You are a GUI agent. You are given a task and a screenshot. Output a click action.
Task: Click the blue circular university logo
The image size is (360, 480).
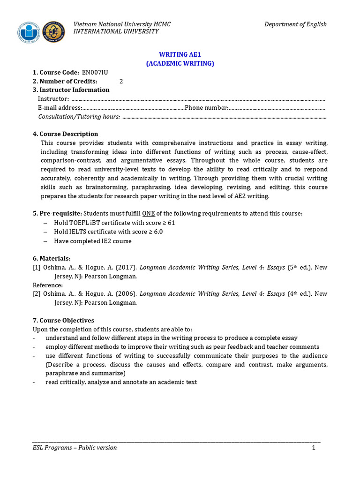click(30, 32)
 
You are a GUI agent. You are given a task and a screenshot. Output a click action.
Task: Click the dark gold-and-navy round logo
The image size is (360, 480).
click(54, 32)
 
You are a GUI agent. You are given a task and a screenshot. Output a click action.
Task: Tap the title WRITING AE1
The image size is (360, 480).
click(180, 55)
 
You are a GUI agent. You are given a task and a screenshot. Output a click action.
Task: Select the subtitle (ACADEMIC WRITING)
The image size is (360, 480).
click(180, 64)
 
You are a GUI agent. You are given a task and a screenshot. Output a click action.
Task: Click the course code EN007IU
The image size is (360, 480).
click(96, 73)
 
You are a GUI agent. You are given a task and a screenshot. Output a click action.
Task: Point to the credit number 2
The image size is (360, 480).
click(121, 81)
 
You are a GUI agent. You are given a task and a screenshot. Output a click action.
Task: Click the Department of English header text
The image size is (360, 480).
click(295, 24)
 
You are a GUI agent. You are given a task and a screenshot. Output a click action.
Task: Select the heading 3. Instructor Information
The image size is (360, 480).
click(71, 90)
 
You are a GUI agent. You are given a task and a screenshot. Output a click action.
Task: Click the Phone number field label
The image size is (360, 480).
click(207, 108)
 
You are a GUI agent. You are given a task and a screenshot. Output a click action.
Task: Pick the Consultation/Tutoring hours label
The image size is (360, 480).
click(79, 117)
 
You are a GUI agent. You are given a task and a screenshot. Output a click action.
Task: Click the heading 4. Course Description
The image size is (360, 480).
click(66, 134)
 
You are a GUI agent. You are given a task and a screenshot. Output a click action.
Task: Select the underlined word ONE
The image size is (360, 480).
click(148, 214)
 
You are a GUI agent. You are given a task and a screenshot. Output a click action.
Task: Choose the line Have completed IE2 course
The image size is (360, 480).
click(93, 241)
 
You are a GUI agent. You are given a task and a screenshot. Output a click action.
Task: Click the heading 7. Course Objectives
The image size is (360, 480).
click(63, 321)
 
